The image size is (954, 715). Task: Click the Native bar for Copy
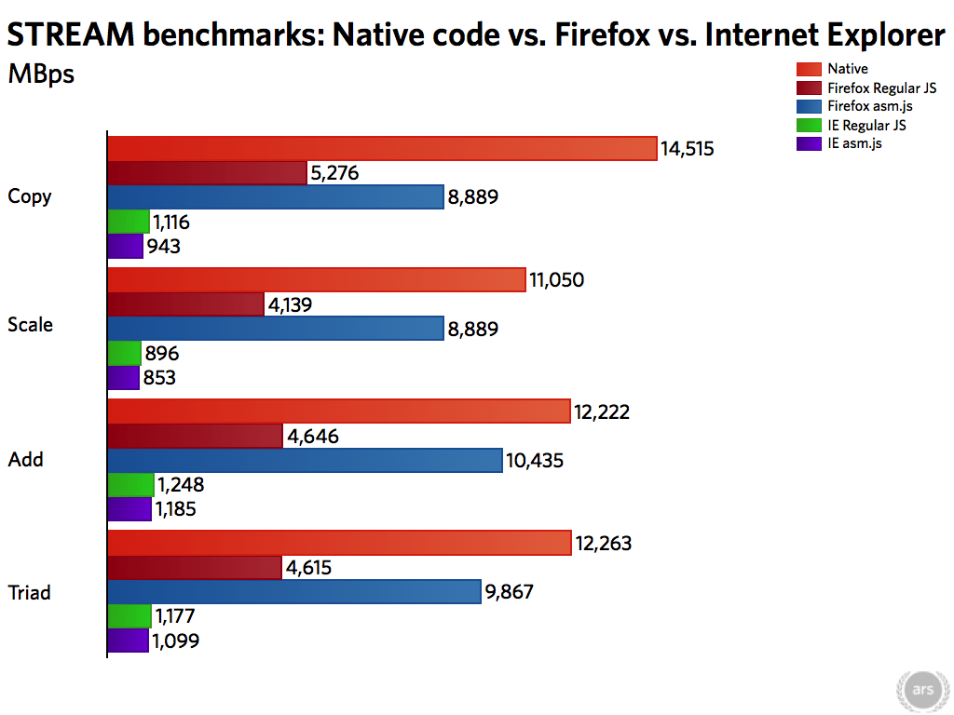382,148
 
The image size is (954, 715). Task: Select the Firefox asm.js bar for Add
305,460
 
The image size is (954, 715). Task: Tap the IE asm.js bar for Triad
129,641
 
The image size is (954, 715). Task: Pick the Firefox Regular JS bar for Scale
186,304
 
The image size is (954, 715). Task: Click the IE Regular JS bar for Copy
129,222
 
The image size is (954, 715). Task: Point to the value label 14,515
688,148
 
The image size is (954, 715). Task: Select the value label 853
159,378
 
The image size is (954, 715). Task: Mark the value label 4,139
293,304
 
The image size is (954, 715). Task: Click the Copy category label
30,196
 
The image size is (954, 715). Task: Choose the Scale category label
30,325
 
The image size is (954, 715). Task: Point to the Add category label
26,460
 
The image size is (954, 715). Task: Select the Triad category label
30,592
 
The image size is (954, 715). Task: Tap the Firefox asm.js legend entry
864,106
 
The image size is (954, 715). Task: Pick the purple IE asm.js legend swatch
809,144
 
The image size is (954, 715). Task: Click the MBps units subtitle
41,74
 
